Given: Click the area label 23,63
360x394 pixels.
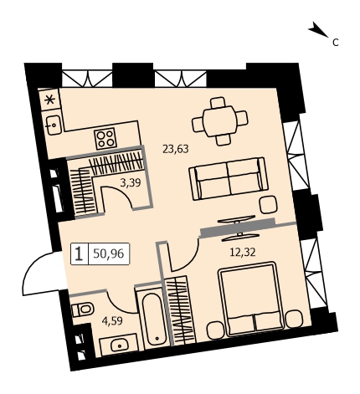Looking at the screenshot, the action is (176, 149).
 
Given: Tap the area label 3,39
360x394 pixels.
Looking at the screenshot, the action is (131, 182).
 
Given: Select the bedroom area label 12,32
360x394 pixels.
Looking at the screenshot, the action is (243, 253).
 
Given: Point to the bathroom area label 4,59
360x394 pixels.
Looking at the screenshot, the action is (112, 321).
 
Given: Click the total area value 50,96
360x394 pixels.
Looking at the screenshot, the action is (109, 253).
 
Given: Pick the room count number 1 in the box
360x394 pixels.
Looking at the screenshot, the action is (80, 253).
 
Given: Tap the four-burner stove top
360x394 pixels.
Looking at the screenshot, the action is (105, 139).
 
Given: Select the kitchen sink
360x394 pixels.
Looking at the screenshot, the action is (53, 125).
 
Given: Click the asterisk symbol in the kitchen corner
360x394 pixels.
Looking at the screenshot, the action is (50, 100).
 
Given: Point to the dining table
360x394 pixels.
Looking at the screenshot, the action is (220, 121).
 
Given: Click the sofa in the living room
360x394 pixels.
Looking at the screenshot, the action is (229, 178).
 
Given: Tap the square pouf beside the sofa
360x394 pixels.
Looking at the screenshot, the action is (268, 204).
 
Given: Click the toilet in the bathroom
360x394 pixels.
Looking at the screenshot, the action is (83, 310).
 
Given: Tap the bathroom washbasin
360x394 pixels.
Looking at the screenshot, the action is (120, 345).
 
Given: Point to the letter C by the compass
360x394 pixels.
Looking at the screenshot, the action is (336, 43).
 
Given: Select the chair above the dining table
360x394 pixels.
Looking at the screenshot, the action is (219, 102).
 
